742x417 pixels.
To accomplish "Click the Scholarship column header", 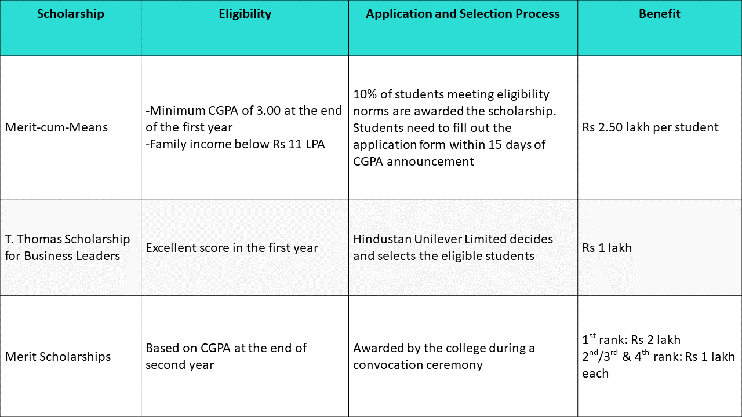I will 70,14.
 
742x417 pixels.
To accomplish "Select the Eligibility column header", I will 245,14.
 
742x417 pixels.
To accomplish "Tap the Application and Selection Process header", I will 463,14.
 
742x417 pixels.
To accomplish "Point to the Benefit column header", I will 659,14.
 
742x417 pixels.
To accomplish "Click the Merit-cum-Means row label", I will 56,127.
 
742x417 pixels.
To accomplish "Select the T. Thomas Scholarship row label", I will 67,247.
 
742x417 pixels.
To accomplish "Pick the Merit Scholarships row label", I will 57,357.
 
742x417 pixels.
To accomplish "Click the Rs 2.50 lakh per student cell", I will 650,127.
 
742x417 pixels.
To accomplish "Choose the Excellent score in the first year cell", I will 232,248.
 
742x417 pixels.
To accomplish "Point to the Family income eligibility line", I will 235,144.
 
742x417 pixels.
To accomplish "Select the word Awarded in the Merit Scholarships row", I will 378,349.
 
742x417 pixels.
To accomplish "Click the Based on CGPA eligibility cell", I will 226,356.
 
